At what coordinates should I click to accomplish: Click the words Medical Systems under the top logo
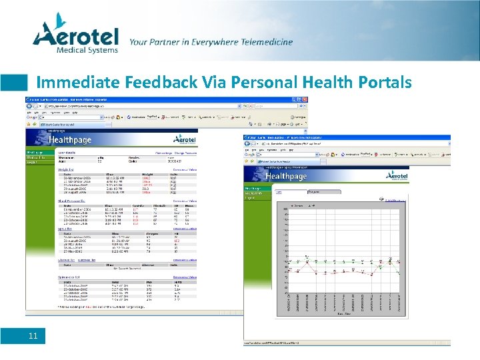[x=87, y=49]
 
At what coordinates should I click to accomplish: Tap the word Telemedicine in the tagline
[x=257, y=42]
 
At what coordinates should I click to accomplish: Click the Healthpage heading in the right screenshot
[x=285, y=176]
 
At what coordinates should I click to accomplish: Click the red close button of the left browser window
[x=305, y=99]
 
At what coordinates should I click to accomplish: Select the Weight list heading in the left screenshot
[x=65, y=169]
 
